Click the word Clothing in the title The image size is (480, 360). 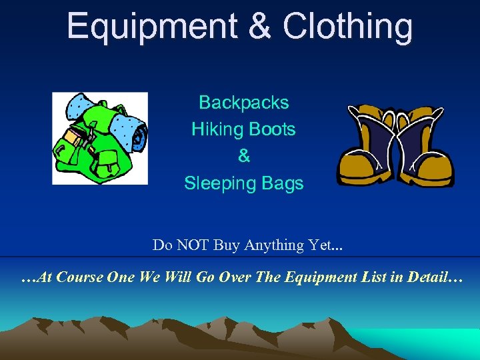(x=347, y=27)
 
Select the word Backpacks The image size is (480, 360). (x=244, y=103)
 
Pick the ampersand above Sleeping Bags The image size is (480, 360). (x=244, y=156)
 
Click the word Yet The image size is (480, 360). (x=323, y=245)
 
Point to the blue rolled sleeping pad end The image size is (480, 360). (x=139, y=137)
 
